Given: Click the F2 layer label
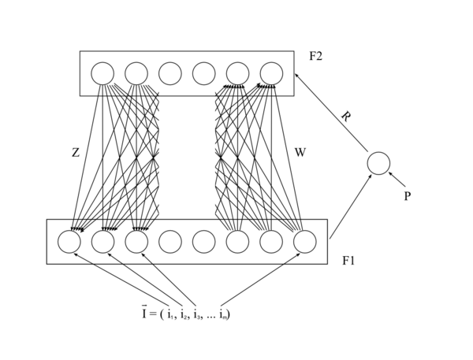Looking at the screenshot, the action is [316, 56].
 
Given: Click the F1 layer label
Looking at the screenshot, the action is [348, 261].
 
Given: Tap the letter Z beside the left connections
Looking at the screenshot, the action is [76, 153].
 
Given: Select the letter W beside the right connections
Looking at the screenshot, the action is [300, 153].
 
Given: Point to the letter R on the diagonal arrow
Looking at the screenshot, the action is [346, 117].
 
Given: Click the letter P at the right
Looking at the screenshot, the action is [408, 196].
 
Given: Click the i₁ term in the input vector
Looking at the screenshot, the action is [170, 315].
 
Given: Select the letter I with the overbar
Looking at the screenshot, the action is [144, 313].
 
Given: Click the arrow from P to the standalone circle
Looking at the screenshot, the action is [397, 179].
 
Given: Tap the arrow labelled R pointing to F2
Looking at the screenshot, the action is [331, 113].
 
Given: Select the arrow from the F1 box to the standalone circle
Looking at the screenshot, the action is [351, 206].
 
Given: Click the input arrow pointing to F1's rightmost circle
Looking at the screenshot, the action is [261, 279].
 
